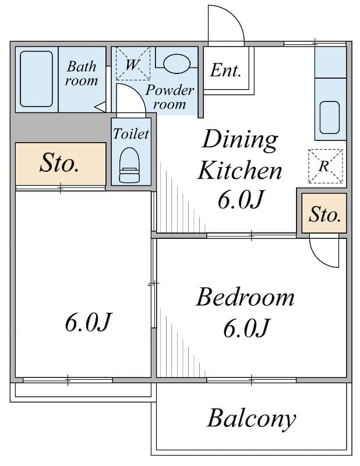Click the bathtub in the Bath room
click(x=36, y=79)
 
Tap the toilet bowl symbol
click(x=129, y=165)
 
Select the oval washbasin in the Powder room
click(x=177, y=63)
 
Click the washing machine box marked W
click(x=133, y=63)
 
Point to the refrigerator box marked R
click(x=326, y=166)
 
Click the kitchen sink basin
click(x=330, y=118)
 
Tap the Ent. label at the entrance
click(x=225, y=70)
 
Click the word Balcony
click(x=252, y=419)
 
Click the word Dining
click(x=239, y=140)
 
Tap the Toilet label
click(x=131, y=134)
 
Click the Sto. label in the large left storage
click(x=59, y=163)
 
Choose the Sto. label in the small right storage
click(x=324, y=214)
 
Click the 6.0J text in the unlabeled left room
click(x=89, y=323)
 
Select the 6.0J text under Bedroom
click(x=246, y=328)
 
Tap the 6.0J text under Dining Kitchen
click(x=241, y=200)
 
